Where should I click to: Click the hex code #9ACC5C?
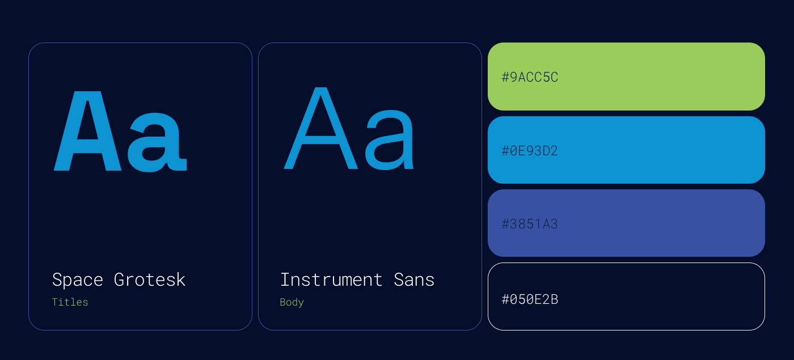pyautogui.click(x=530, y=77)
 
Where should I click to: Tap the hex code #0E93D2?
pyautogui.click(x=530, y=151)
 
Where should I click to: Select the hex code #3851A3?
pyautogui.click(x=530, y=224)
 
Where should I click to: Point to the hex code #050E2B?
pyautogui.click(x=530, y=299)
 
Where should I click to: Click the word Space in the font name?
pyautogui.click(x=78, y=280)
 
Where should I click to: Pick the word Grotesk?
pyautogui.click(x=150, y=279)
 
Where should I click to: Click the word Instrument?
pyautogui.click(x=331, y=279)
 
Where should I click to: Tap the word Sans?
pyautogui.click(x=414, y=279)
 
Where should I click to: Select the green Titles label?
pyautogui.click(x=70, y=302)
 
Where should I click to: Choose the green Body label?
pyautogui.click(x=292, y=302)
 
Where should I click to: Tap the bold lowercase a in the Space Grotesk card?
pyautogui.click(x=157, y=142)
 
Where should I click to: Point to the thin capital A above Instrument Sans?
pyautogui.click(x=321, y=128)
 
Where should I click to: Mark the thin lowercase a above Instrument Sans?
pyautogui.click(x=389, y=140)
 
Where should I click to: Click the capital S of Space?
pyautogui.click(x=57, y=279)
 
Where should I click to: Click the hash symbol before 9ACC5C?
pyautogui.click(x=505, y=77)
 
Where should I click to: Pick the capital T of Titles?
pyautogui.click(x=56, y=302)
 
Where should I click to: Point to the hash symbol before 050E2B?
pyautogui.click(x=505, y=299)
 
